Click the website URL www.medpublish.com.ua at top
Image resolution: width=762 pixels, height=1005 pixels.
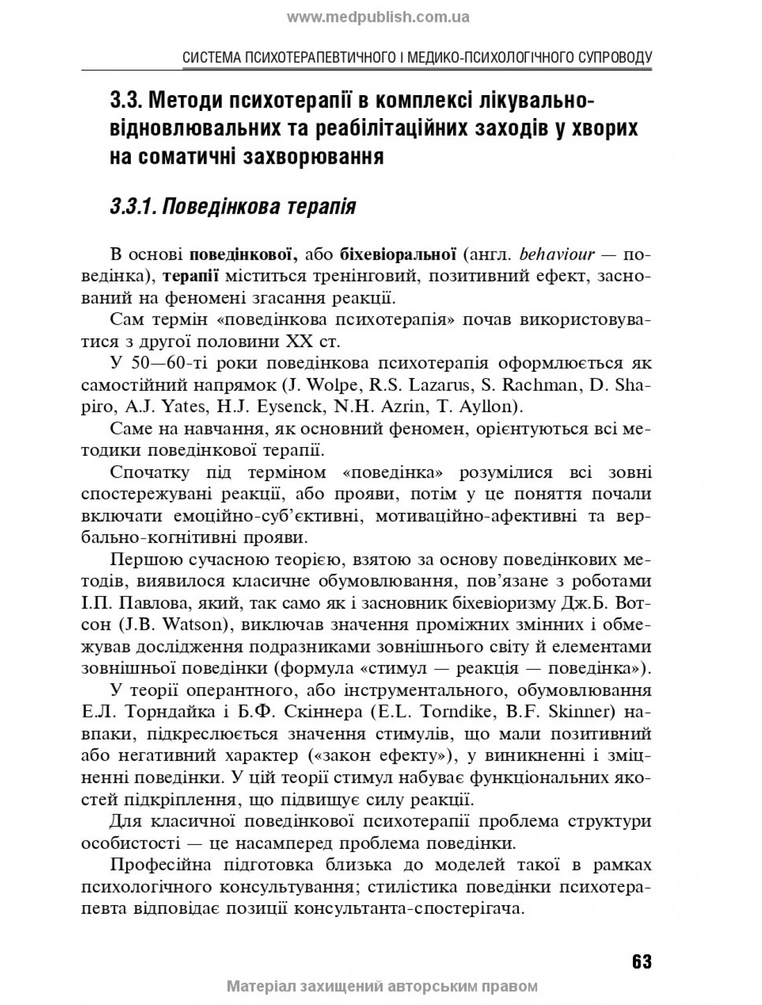pos(378,17)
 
